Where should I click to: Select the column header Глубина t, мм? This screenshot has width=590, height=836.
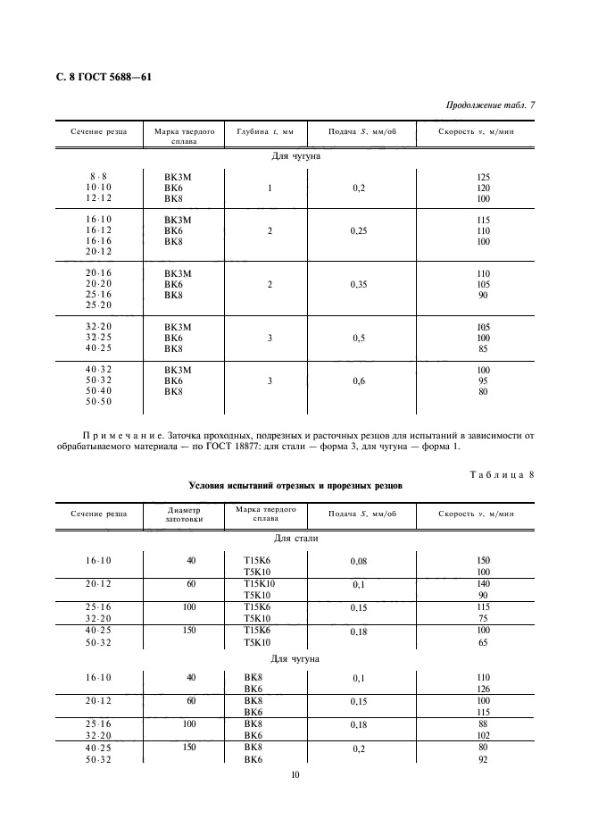(265, 131)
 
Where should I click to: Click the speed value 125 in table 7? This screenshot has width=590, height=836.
(485, 177)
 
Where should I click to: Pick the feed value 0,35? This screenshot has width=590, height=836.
(359, 284)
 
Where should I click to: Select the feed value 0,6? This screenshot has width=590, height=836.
(359, 380)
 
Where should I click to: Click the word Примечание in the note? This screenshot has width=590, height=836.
(120, 436)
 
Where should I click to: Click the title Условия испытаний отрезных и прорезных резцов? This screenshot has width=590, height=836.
(295, 487)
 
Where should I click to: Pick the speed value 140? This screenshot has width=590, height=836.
(485, 582)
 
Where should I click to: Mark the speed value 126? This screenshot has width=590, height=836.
(485, 689)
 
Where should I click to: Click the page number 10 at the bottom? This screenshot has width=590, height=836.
(295, 775)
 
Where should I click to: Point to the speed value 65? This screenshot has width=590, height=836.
(485, 641)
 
